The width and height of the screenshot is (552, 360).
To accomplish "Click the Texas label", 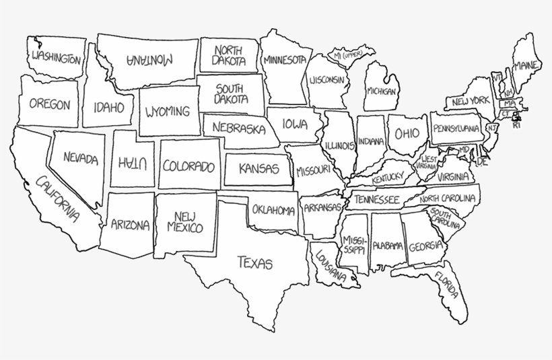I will click(254, 262).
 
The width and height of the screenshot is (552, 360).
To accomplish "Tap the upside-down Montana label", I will click(149, 59).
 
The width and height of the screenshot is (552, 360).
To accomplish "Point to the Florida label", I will click(448, 285).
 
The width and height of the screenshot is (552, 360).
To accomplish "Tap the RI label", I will click(516, 125).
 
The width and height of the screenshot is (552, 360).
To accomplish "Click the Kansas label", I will click(258, 168).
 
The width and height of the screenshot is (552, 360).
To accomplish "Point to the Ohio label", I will click(406, 133).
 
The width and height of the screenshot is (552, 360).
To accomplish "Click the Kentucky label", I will click(387, 177).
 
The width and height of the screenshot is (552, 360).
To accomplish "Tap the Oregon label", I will click(48, 105).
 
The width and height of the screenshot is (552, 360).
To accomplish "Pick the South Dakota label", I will click(230, 94).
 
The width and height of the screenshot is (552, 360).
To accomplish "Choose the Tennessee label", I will click(377, 200).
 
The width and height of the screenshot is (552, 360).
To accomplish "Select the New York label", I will click(471, 102).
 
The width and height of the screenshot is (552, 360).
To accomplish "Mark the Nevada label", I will click(81, 159).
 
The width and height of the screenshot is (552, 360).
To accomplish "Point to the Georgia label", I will click(425, 245).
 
